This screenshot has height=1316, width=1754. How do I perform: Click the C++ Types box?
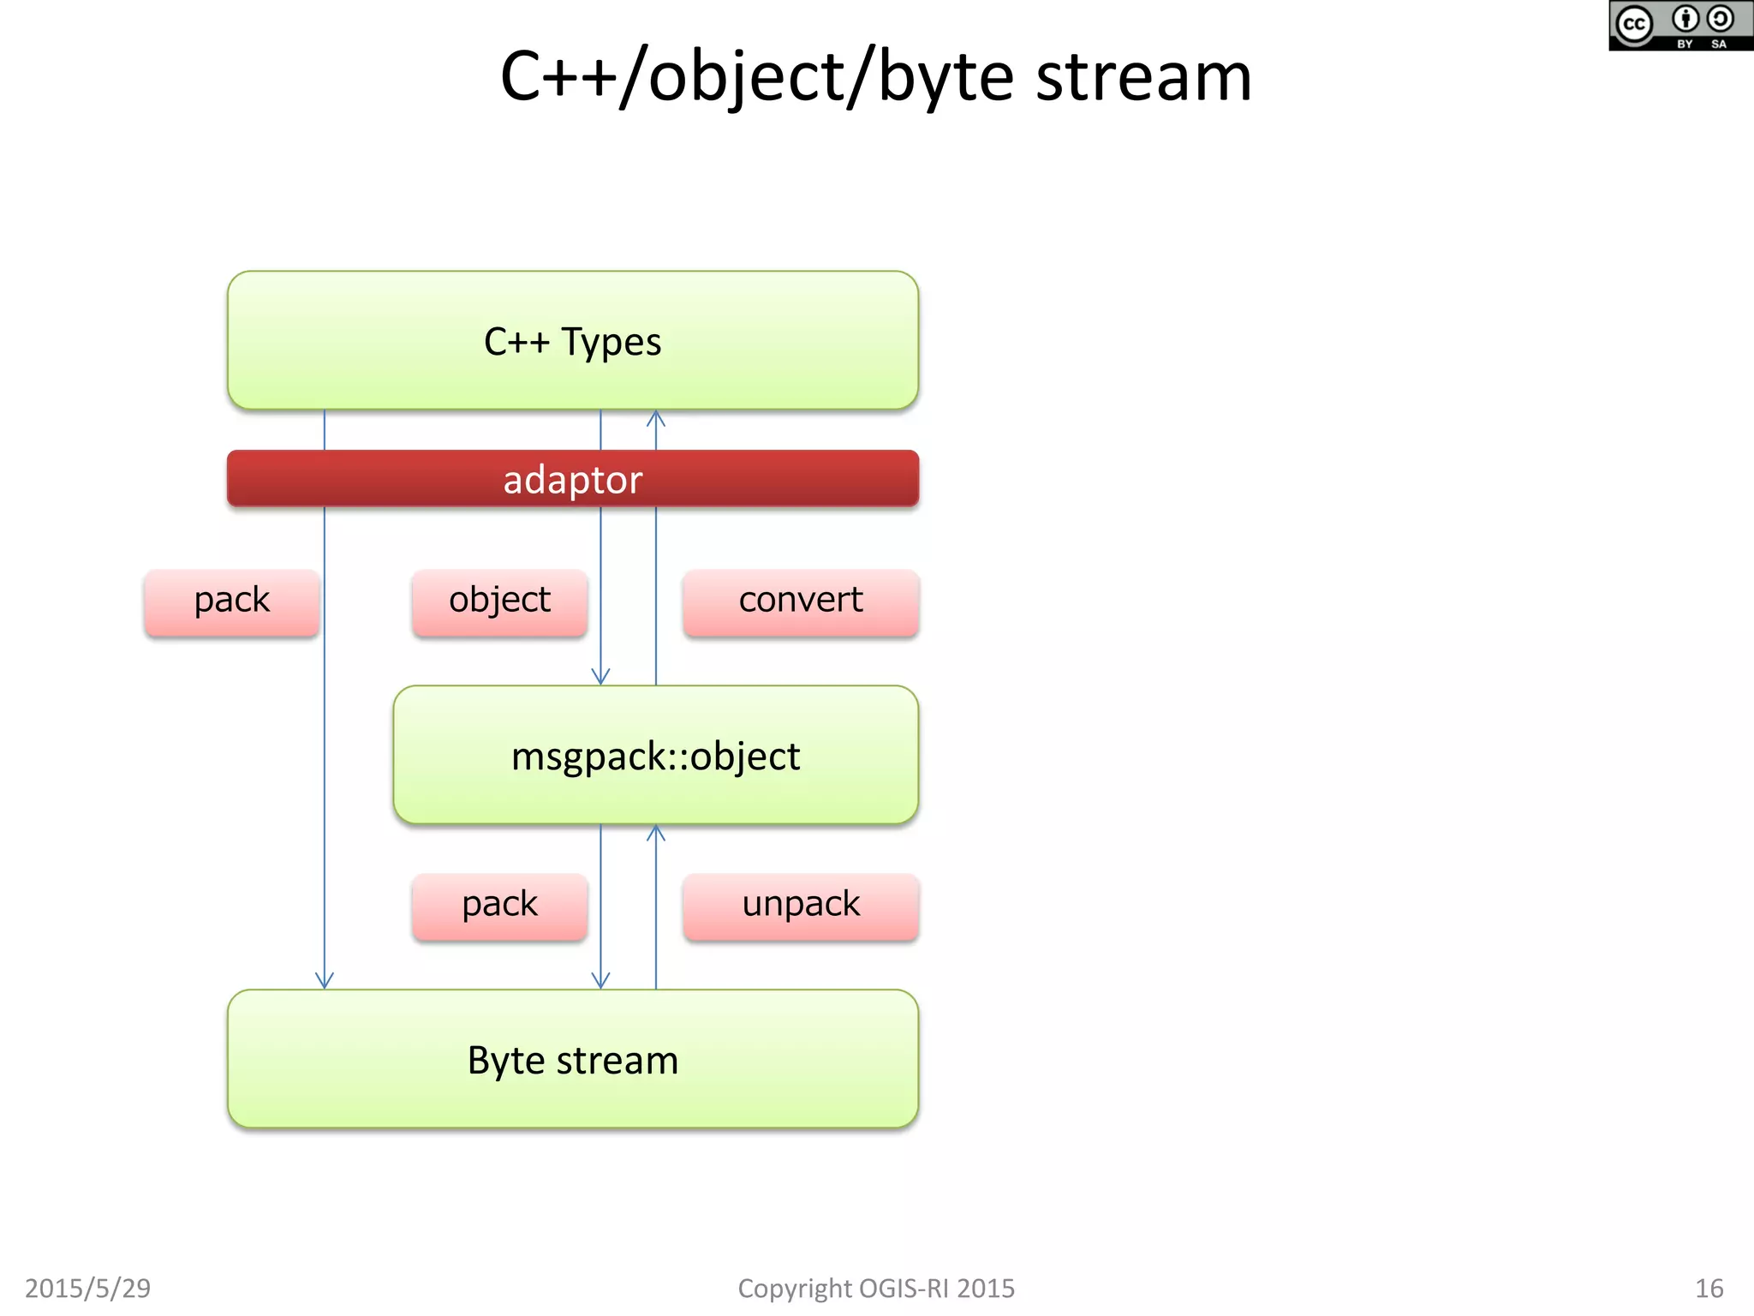point(572,340)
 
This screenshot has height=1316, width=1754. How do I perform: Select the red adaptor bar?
point(572,479)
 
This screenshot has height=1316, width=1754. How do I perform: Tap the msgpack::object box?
point(655,755)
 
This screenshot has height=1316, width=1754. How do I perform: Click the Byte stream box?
point(572,1059)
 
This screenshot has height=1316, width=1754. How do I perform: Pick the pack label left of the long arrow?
point(232,601)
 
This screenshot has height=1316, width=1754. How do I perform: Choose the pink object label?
point(499,601)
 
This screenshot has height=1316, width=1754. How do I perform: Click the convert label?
point(801,601)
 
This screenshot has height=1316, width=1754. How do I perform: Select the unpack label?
point(801,906)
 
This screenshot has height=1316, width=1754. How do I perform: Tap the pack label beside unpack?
point(499,906)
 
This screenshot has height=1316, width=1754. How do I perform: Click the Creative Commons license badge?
point(1679,26)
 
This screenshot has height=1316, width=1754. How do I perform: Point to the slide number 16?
point(1709,1288)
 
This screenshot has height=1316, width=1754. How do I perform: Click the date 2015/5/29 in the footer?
point(87,1288)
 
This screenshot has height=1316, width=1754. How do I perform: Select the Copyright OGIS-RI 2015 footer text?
point(875,1288)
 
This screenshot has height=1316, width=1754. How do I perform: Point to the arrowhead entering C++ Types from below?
point(656,417)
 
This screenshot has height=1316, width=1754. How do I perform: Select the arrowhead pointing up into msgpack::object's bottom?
point(656,832)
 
